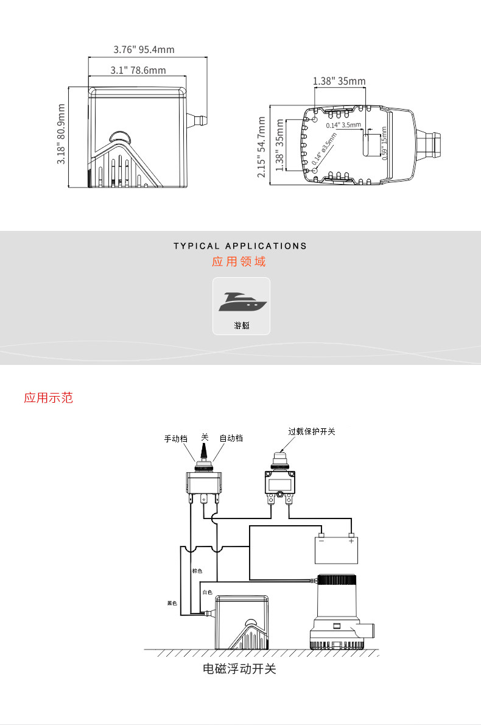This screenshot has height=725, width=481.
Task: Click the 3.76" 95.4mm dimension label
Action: pos(144,49)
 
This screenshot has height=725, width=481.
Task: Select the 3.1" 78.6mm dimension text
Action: pos(138,70)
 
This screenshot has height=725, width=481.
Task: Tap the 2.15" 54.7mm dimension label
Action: pos(261,149)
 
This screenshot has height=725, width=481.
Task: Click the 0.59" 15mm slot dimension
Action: pos(384,143)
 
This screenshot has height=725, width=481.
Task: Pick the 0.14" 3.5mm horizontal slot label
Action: pos(343,125)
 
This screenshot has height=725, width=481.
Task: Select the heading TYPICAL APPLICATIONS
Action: pos(240,246)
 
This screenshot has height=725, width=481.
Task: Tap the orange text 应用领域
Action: pos(239,262)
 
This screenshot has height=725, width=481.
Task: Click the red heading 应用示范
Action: pos(48,398)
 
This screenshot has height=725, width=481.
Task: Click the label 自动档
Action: pos(231,438)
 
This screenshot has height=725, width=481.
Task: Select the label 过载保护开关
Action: pos(312,431)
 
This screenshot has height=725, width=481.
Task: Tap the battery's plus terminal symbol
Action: pos(351,540)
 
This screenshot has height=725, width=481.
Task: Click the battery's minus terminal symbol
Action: pos(321,540)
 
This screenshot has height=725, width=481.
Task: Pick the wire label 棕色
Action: pos(197,571)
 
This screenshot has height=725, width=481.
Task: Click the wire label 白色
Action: pos(207,592)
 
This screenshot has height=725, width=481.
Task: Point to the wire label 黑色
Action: pos(172,603)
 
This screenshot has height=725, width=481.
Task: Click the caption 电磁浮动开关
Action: pos(239,669)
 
